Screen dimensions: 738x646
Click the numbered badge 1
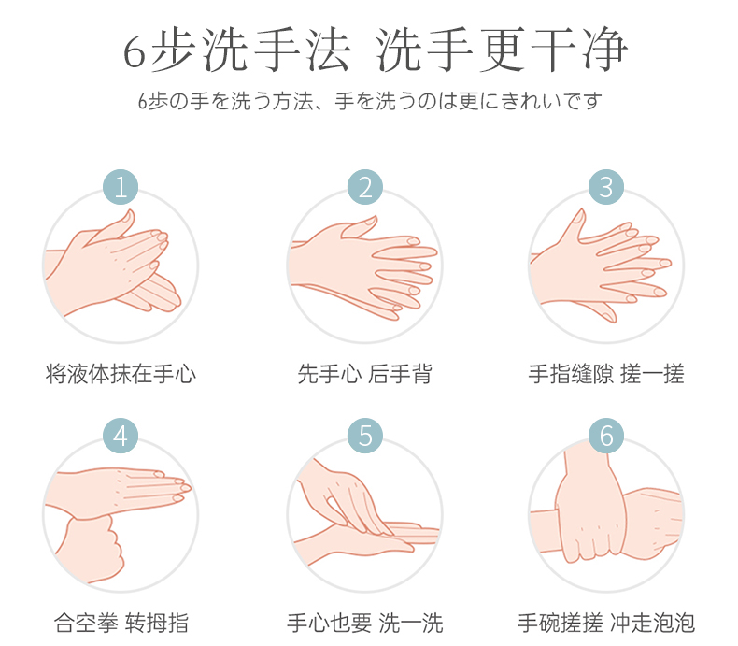point(121,187)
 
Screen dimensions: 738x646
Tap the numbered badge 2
point(365,187)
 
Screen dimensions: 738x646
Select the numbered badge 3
point(606,187)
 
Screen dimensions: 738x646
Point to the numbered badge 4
point(121,436)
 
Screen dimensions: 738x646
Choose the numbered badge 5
point(365,436)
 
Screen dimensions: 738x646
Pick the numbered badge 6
point(606,436)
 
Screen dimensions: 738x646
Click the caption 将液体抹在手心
point(121,374)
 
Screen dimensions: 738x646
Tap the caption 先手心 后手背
point(364,374)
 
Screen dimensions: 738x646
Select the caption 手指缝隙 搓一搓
point(606,374)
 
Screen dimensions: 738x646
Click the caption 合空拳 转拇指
point(121,623)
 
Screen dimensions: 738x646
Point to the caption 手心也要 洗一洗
point(365,623)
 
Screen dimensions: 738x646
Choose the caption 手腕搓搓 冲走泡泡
point(606,623)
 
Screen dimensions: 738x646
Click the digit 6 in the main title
point(135,51)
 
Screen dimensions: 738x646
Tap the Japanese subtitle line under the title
point(370,101)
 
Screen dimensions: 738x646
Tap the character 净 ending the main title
point(604,50)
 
